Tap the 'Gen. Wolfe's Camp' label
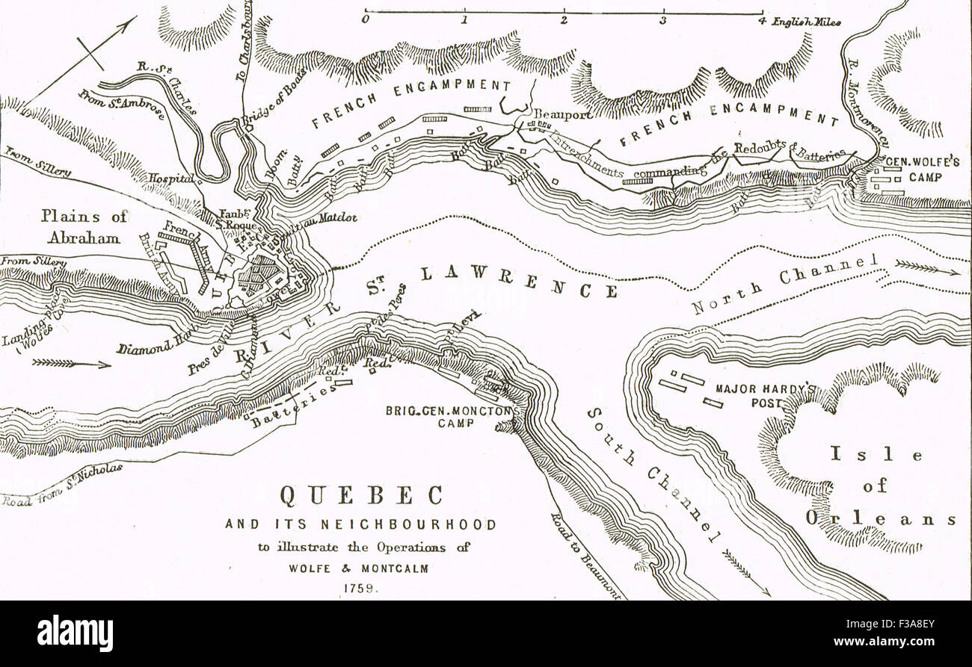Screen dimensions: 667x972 pos(915,170)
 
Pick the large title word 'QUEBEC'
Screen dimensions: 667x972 pos(361,495)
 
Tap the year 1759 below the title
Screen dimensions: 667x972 pos(360,587)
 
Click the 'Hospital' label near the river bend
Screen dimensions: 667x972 pos(170,179)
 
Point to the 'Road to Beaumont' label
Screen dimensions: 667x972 pos(585,554)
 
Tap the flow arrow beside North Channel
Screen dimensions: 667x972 pos(927,266)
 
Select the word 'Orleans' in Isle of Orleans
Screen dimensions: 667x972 pos(880,519)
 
